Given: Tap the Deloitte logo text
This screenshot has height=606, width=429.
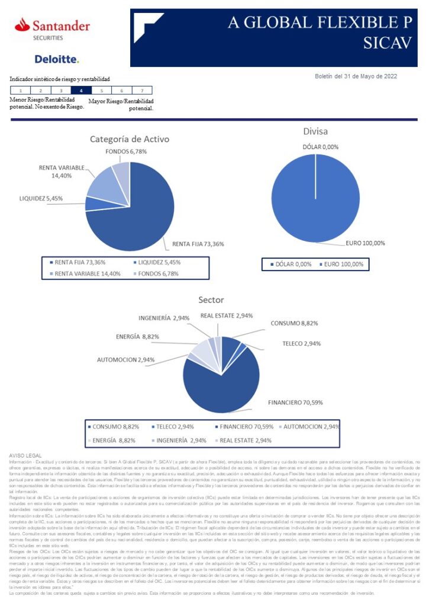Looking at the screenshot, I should click(x=56, y=59).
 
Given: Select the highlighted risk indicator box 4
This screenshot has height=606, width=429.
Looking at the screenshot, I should click(x=81, y=91).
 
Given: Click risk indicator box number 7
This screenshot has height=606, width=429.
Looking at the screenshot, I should click(x=141, y=91).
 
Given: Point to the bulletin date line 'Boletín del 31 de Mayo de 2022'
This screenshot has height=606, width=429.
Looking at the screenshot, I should click(x=356, y=76).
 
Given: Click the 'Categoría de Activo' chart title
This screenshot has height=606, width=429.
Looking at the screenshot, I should click(x=130, y=140).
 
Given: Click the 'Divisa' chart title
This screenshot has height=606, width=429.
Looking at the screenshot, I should click(x=315, y=131).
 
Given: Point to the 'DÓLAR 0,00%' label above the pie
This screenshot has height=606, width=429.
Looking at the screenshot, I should click(x=321, y=147).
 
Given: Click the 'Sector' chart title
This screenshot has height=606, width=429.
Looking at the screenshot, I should click(x=211, y=300).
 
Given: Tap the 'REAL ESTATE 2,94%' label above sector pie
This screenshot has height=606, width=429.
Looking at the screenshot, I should click(x=227, y=316).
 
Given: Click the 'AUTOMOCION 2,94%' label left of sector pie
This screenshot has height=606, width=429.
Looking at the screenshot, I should click(x=126, y=360).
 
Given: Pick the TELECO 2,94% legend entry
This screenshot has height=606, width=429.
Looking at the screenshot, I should click(x=176, y=426).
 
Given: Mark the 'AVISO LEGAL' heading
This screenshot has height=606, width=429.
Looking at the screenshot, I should click(x=25, y=454).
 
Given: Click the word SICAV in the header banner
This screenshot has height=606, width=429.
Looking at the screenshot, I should click(x=388, y=43).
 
